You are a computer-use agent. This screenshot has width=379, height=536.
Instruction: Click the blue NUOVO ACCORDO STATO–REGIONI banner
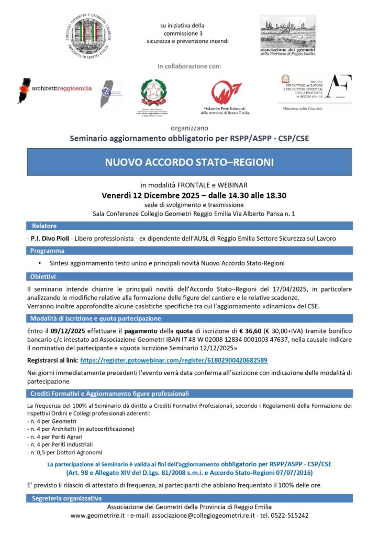pyautogui.click(x=189, y=162)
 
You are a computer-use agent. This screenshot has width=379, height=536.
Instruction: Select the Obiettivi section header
pyautogui.click(x=43, y=276)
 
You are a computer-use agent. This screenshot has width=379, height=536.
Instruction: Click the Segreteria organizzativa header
pyautogui.click(x=67, y=498)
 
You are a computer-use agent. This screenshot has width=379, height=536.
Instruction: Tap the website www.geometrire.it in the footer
pyautogui.click(x=97, y=515)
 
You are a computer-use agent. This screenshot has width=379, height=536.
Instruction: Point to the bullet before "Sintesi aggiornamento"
pyautogui.click(x=40, y=263)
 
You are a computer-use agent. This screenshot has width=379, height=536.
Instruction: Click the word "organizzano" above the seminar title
pyautogui.click(x=189, y=128)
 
